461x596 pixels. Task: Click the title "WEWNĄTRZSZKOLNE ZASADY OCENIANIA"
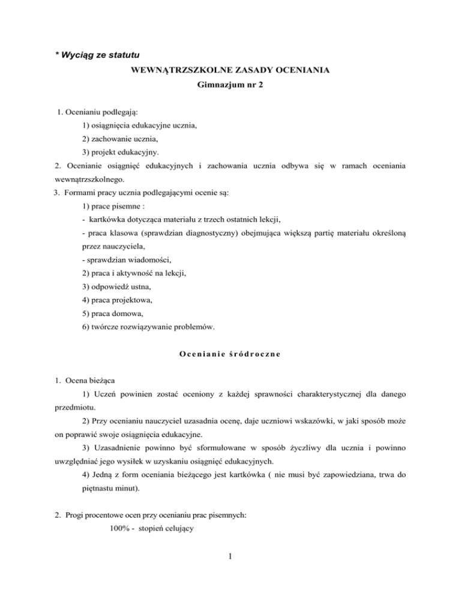tap(230, 71)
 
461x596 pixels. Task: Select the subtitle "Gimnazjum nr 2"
tap(230, 86)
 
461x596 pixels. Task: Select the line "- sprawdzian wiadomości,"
tap(127, 260)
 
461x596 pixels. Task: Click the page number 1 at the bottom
tap(230, 571)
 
